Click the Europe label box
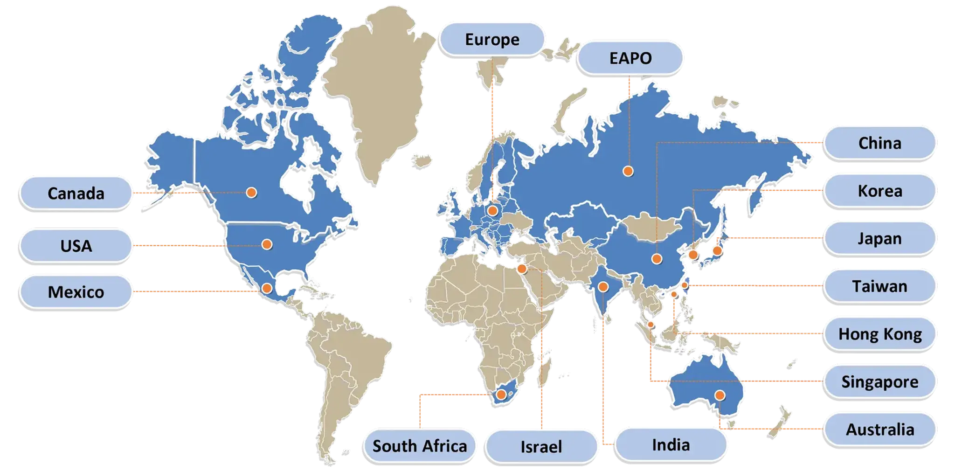click(x=492, y=40)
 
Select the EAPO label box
click(x=630, y=58)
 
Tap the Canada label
click(x=76, y=194)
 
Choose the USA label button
click(x=76, y=246)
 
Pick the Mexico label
click(x=76, y=292)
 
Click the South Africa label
click(x=419, y=446)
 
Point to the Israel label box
click(x=541, y=447)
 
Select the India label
click(x=671, y=445)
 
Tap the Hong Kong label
click(x=879, y=334)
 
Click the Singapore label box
click(x=879, y=382)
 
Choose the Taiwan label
click(x=879, y=286)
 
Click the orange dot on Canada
click(x=252, y=192)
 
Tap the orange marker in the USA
click(x=267, y=244)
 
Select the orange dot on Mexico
click(x=267, y=288)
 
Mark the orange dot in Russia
click(x=628, y=171)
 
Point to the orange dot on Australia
click(x=720, y=395)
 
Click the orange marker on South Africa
click(x=501, y=395)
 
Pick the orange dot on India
click(x=603, y=287)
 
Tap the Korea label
click(x=879, y=191)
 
